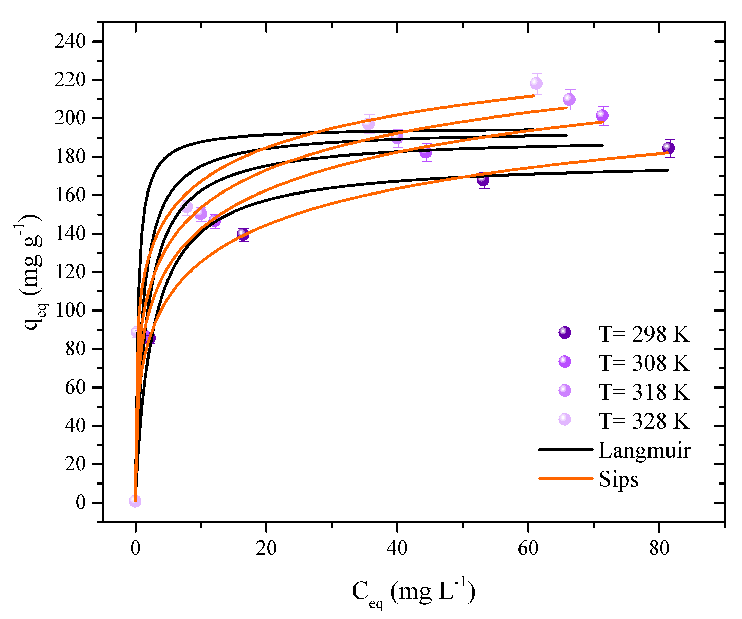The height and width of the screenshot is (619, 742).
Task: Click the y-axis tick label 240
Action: pyautogui.click(x=70, y=42)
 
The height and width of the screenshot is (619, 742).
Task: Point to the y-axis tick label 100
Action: pyautogui.click(x=70, y=310)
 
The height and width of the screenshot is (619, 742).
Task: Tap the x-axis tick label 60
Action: pyautogui.click(x=528, y=548)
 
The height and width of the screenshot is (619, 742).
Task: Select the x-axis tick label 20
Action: pyautogui.click(x=266, y=548)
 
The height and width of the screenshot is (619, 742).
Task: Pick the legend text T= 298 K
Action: pyautogui.click(x=643, y=334)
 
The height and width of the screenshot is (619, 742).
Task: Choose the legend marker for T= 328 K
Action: pyautogui.click(x=564, y=419)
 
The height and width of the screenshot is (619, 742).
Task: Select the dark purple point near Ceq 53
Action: pyautogui.click(x=483, y=180)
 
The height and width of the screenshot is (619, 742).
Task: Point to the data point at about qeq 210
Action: pyautogui.click(x=569, y=99)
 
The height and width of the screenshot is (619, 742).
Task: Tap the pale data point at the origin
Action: pyautogui.click(x=135, y=501)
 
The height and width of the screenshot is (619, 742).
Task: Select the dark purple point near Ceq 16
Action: pyautogui.click(x=243, y=234)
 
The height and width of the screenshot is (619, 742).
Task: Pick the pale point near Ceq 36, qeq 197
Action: pyautogui.click(x=368, y=124)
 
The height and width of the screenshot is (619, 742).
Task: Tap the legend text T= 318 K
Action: pyautogui.click(x=643, y=392)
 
